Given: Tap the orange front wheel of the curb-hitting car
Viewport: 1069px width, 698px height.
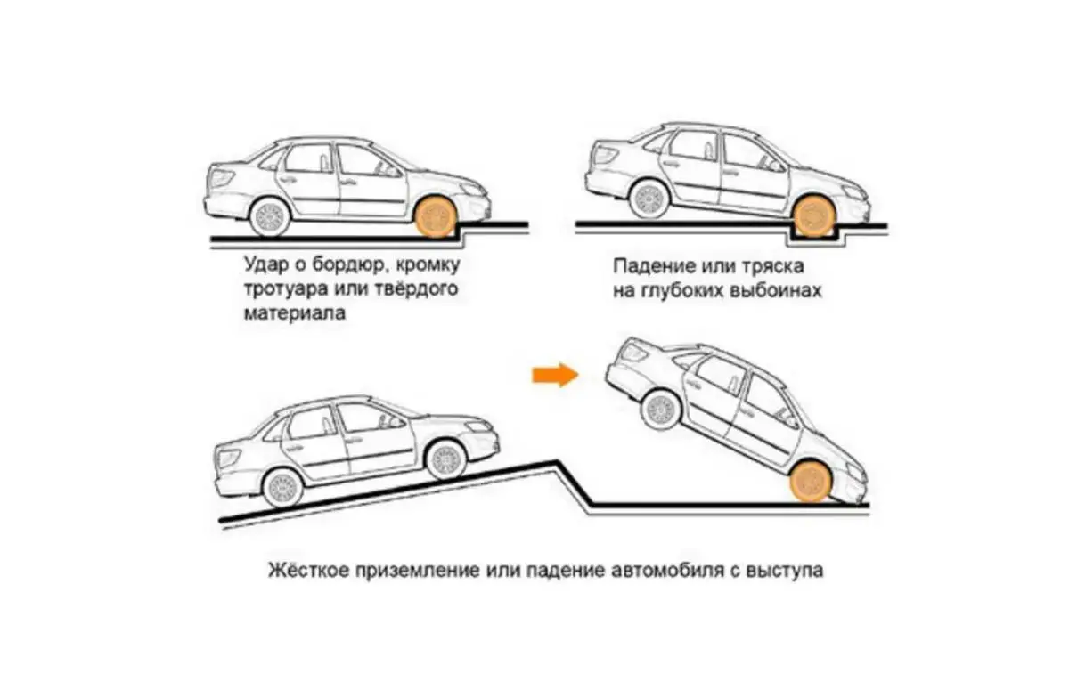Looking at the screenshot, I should click(x=436, y=216).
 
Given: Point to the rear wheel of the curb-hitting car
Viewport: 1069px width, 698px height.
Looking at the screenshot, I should click(x=269, y=216).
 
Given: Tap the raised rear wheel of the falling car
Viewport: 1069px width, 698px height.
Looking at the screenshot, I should click(x=661, y=407).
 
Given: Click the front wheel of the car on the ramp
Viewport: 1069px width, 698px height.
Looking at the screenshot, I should click(x=446, y=459).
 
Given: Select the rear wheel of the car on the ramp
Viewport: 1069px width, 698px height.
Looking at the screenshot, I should click(x=283, y=487).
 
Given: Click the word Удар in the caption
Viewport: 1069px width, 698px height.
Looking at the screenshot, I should click(x=265, y=264).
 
